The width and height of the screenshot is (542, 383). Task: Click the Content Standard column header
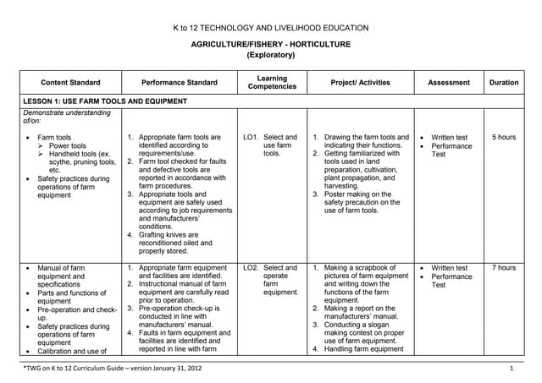pyautogui.click(x=70, y=83)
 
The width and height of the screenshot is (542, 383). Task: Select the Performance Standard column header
pyautogui.click(x=179, y=83)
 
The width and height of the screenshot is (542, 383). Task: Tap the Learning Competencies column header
pyautogui.click(x=272, y=83)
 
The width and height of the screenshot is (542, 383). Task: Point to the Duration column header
pyautogui.click(x=503, y=83)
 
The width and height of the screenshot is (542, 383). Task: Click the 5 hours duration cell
pyautogui.click(x=503, y=137)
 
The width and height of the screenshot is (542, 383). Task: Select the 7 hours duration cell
pyautogui.click(x=503, y=268)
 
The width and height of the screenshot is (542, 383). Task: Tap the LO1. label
pyautogui.click(x=251, y=137)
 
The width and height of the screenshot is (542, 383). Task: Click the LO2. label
pyautogui.click(x=252, y=268)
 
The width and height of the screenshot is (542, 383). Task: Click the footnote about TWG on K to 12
pyautogui.click(x=112, y=369)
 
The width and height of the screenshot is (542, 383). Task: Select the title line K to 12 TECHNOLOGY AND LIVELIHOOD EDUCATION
pyautogui.click(x=270, y=28)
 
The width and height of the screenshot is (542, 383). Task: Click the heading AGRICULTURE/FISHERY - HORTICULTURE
pyautogui.click(x=270, y=44)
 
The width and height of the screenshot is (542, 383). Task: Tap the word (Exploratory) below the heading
pyautogui.click(x=270, y=55)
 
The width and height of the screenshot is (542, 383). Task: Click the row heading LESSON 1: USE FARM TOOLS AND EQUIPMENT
pyautogui.click(x=106, y=101)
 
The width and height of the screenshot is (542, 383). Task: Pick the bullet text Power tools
pyautogui.click(x=68, y=145)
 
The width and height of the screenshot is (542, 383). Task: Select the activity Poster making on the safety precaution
pyautogui.click(x=368, y=202)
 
